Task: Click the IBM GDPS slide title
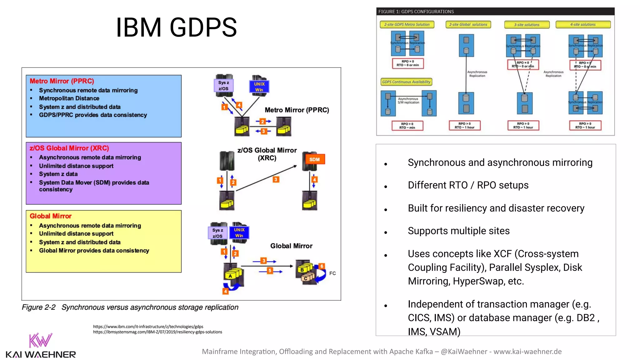(176, 27)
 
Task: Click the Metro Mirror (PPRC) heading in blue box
(62, 81)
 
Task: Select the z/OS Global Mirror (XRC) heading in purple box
(69, 148)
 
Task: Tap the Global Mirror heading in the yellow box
(51, 216)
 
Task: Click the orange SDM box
(314, 159)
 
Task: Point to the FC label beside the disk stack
(332, 273)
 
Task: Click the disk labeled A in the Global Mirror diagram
(230, 276)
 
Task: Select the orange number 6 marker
(322, 266)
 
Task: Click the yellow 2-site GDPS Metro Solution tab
(407, 24)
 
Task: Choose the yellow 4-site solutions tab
(583, 24)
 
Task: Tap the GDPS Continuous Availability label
(406, 82)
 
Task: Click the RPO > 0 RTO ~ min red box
(407, 126)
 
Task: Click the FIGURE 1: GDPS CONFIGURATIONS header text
(416, 12)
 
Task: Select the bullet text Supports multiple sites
(458, 231)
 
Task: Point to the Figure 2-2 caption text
(130, 307)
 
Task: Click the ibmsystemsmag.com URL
(157, 332)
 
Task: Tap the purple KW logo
(40, 341)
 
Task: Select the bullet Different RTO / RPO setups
(468, 185)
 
